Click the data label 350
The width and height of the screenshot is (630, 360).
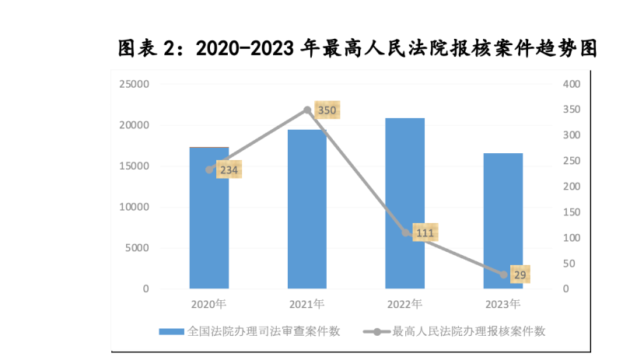(327, 110)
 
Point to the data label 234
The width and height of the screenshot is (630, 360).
(229, 170)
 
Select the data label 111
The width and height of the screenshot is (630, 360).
(425, 232)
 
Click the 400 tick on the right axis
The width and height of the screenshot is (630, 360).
(572, 84)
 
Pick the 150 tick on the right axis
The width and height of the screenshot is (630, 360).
(572, 212)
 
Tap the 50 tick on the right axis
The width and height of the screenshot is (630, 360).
(569, 264)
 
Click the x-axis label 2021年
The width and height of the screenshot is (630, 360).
(307, 303)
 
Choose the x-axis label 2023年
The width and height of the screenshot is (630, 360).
(503, 303)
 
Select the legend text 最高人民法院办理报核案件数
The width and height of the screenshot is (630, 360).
(469, 331)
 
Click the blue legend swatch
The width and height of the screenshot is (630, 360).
(171, 331)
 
